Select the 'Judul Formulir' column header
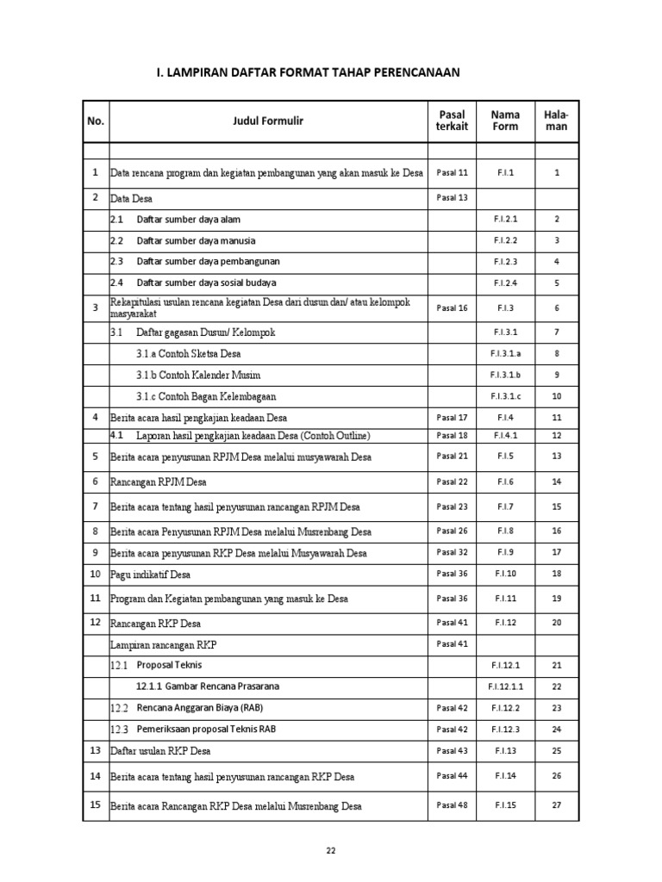point(268,121)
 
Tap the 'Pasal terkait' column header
point(452,121)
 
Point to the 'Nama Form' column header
point(505,121)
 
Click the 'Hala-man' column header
point(557,121)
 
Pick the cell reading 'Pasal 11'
point(452,173)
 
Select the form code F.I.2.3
point(505,262)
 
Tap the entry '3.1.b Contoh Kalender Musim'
point(197,376)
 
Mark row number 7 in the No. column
point(95,506)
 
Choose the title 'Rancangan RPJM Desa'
point(159,482)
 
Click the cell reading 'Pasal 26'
point(452,531)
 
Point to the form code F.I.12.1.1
point(505,686)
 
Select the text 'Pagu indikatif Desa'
point(151,575)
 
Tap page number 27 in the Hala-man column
point(557,806)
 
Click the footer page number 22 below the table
point(331,850)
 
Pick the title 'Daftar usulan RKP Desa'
point(160,751)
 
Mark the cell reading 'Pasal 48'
point(452,806)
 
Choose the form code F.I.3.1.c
point(505,396)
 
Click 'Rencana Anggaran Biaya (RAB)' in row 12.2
point(200,708)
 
